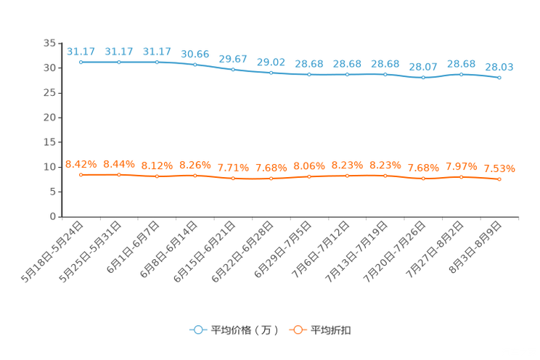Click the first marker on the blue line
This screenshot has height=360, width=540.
point(81,62)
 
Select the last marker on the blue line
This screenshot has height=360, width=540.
point(499,77)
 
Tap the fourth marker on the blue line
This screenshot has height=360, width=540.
point(195,65)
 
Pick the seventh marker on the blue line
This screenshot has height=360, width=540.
point(309,74)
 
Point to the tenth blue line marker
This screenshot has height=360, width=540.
point(423,76)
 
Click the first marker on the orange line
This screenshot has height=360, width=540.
point(81,174)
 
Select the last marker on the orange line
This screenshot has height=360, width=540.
point(499,179)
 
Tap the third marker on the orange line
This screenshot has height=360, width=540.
point(157,176)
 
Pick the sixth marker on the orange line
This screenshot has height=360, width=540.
point(271,178)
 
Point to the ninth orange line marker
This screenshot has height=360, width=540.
point(385,175)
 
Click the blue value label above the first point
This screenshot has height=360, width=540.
point(81,52)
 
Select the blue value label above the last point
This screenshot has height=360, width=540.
point(499,67)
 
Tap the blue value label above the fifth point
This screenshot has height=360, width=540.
point(233,59)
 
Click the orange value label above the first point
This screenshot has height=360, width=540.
point(81,163)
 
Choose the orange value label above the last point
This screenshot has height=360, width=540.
point(499,168)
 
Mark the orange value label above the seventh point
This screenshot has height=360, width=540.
point(309,165)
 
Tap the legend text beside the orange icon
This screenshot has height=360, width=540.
point(332,330)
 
